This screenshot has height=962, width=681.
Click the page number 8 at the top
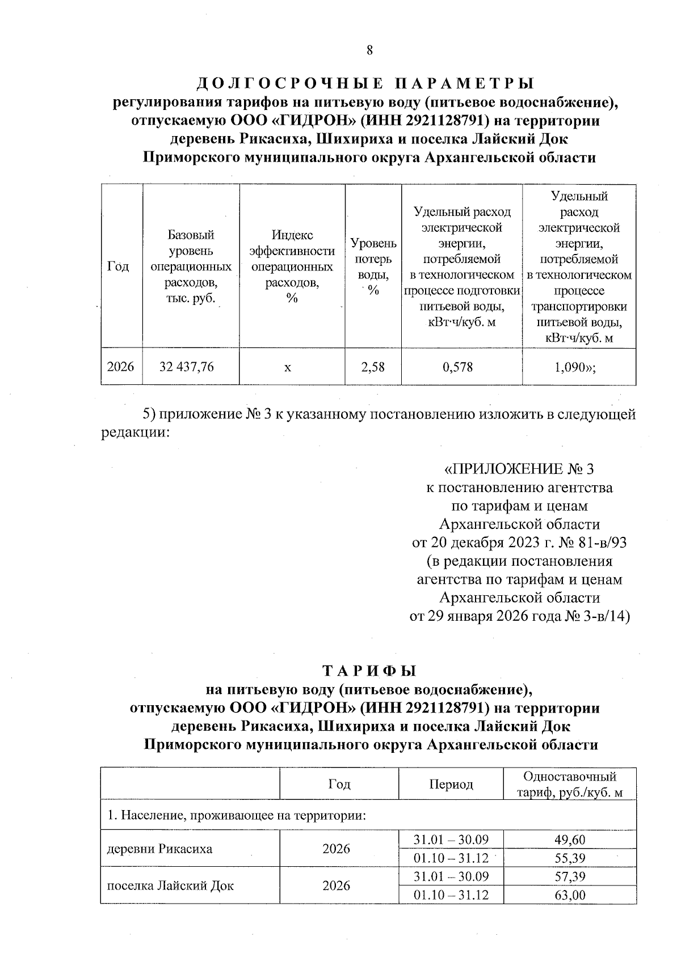(x=369, y=50)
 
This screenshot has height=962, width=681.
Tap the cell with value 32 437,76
(x=187, y=367)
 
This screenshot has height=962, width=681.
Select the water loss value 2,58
(x=373, y=367)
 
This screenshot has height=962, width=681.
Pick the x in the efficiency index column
(x=288, y=367)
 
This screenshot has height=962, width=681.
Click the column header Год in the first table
(x=118, y=266)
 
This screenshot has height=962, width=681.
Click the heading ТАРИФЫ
(x=369, y=671)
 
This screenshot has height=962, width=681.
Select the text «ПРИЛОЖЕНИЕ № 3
(x=518, y=469)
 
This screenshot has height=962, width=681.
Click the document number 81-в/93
(x=602, y=543)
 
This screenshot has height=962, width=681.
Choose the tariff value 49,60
(x=569, y=840)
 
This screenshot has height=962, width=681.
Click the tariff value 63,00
(x=569, y=895)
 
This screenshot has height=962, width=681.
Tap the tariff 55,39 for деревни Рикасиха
(x=569, y=858)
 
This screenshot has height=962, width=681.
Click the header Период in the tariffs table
(x=451, y=784)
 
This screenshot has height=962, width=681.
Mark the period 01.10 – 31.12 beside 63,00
(x=451, y=895)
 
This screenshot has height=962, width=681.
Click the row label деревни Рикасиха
(x=160, y=849)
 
